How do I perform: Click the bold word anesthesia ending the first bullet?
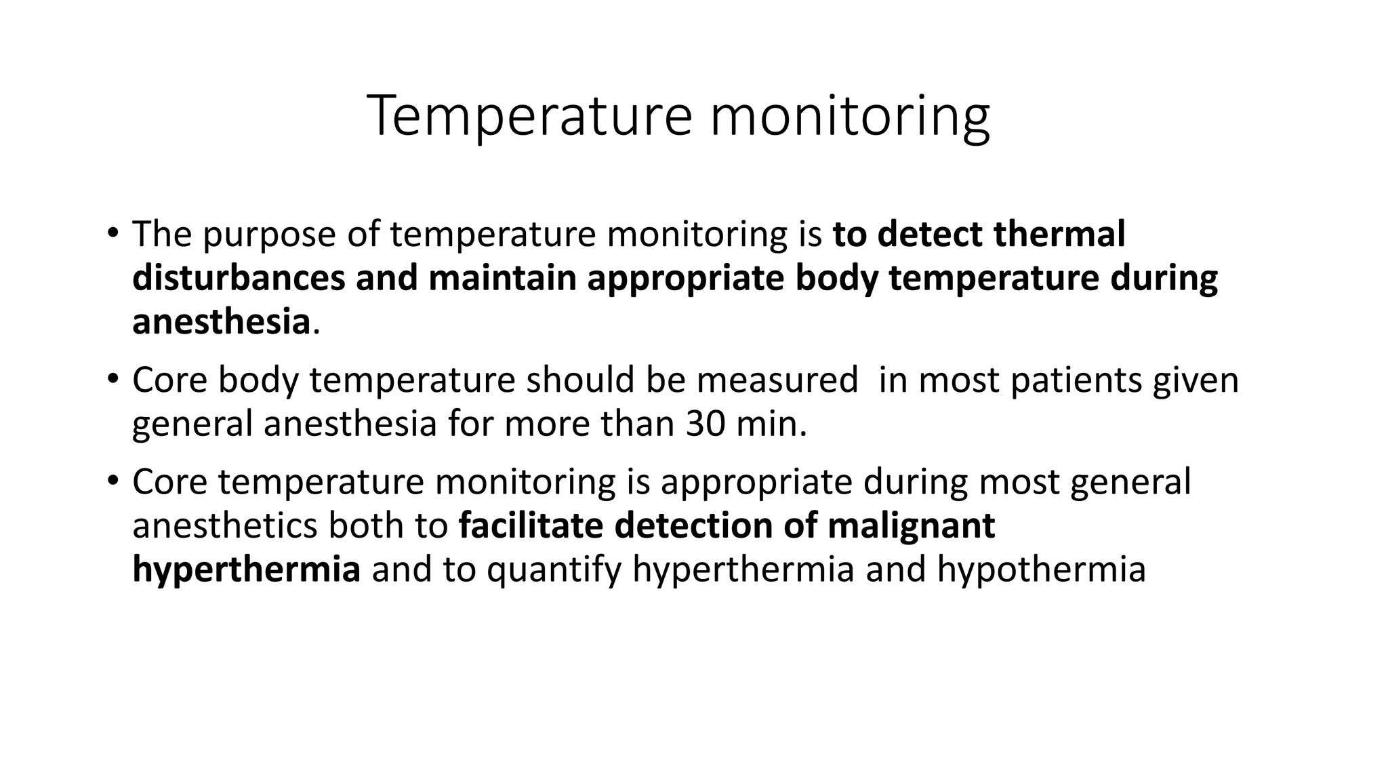221,321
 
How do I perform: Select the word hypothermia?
1041,569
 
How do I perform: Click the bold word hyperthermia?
246,569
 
